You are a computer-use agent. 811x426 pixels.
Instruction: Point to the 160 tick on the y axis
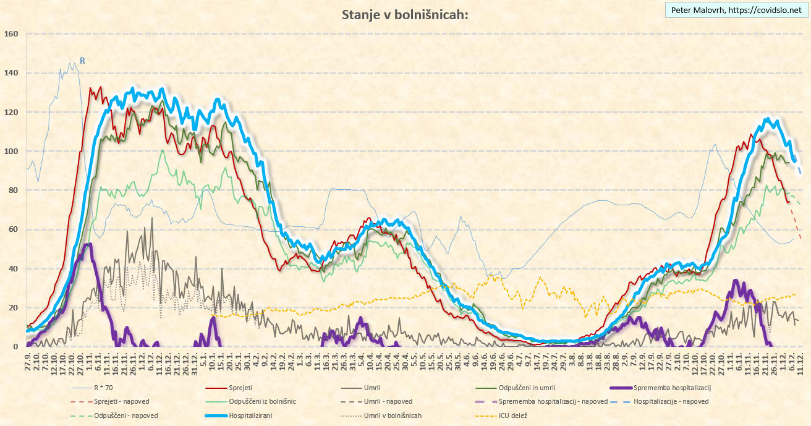12,34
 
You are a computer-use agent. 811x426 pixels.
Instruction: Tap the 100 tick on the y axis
12,151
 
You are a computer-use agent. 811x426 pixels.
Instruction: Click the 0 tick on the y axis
16,347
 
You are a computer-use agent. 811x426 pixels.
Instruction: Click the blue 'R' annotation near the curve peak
82,61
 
